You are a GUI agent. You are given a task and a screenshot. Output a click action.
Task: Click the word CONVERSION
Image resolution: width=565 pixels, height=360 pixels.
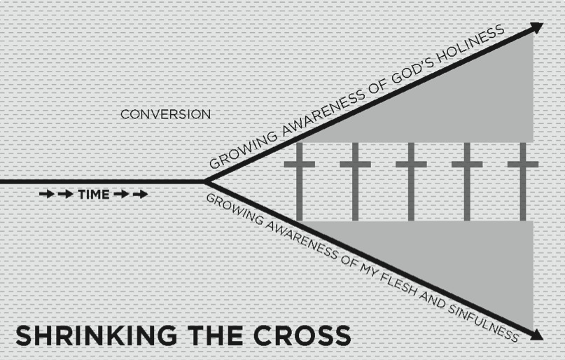pos(165,113)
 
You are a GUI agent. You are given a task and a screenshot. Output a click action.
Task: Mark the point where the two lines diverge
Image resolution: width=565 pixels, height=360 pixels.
pos(204,181)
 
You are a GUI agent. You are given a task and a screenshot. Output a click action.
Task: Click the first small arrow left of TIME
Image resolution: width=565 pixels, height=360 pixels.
pos(46,194)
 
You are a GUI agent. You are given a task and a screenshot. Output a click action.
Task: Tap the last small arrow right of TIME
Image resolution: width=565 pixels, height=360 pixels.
pos(140,194)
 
